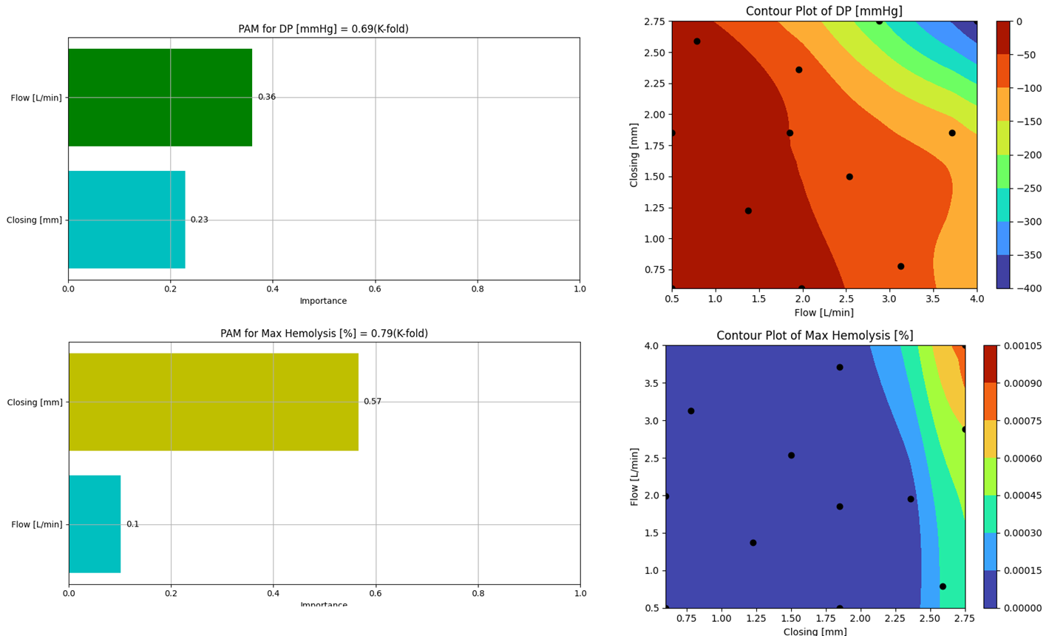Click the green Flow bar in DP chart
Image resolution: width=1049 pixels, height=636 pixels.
coord(160,98)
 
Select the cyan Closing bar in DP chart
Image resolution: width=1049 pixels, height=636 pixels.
coord(126,220)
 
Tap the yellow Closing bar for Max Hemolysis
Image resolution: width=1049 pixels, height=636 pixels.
coord(213,402)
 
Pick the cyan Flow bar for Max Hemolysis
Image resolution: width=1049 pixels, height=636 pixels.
coord(95,524)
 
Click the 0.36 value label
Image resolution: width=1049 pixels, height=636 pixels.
coord(267,97)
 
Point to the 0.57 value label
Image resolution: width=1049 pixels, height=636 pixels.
coord(373,402)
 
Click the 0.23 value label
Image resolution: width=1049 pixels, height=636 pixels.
coord(200,220)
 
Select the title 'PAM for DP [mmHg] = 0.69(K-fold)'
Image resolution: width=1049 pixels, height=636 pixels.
coord(323,29)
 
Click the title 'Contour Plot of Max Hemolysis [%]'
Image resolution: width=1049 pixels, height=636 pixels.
coord(815,336)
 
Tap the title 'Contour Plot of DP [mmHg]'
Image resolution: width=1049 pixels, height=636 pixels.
coord(824,11)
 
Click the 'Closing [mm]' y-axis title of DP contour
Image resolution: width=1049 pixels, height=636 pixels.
coord(634,155)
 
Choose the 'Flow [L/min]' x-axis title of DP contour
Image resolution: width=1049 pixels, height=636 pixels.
coord(824,313)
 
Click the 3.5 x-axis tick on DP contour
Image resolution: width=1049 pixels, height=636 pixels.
coord(933,299)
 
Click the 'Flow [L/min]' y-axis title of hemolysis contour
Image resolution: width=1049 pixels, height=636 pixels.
coord(634,476)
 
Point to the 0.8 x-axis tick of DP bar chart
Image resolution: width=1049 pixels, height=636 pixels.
coord(478,289)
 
